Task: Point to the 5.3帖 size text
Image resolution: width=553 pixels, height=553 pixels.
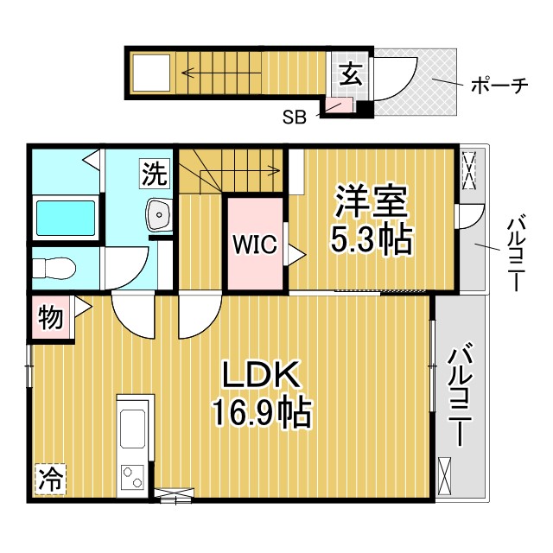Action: coord(371,240)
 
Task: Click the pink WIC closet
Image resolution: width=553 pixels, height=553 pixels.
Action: coord(254,245)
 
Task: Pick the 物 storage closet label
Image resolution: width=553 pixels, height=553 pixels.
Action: coord(50,318)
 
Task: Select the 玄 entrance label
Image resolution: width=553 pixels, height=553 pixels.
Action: coord(348,76)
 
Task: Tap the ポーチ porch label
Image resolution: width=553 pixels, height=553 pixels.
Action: coord(499,86)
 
